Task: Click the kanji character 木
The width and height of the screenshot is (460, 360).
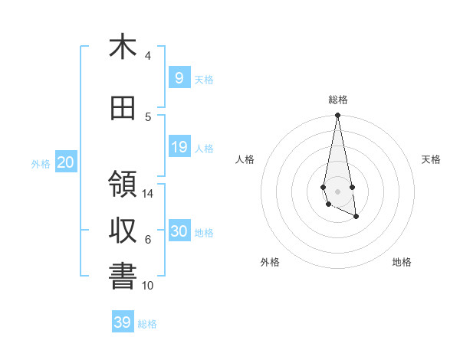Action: tap(123, 47)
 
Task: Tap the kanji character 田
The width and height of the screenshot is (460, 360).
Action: tap(123, 109)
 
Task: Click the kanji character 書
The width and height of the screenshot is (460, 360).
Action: tap(123, 277)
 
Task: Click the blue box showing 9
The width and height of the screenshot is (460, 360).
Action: tap(179, 78)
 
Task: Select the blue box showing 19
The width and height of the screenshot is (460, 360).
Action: tap(179, 147)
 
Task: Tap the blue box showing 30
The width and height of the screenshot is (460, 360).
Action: tap(179, 231)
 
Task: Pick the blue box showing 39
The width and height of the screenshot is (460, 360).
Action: tap(123, 322)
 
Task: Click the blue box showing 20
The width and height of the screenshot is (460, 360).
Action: tap(65, 162)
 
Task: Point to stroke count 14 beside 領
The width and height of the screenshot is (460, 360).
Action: tap(148, 194)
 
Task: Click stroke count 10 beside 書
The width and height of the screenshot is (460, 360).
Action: tap(148, 286)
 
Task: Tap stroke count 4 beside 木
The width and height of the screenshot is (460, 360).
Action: tap(148, 56)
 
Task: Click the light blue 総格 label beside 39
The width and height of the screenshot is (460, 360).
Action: tap(147, 324)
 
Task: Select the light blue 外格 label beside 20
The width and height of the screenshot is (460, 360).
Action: tap(40, 163)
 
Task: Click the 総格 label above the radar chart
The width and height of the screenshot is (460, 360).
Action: tap(337, 100)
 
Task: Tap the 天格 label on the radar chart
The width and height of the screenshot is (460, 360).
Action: tap(432, 159)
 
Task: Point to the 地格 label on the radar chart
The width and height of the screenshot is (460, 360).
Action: tap(402, 262)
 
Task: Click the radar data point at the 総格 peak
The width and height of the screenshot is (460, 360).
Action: tap(337, 116)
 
